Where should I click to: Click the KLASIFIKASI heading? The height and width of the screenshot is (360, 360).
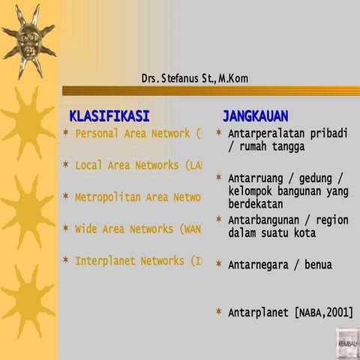tap(109, 116)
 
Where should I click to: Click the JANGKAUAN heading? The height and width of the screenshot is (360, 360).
tap(255, 116)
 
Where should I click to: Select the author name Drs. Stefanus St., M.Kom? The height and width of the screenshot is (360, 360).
tap(194, 78)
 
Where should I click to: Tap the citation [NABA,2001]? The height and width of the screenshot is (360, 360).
tap(324, 312)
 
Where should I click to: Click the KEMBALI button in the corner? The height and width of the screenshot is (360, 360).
tap(347, 343)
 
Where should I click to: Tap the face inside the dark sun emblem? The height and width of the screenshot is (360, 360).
tap(28, 37)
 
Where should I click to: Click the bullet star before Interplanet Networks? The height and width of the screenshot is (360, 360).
tap(66, 261)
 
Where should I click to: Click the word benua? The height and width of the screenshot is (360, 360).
tap(318, 265)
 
